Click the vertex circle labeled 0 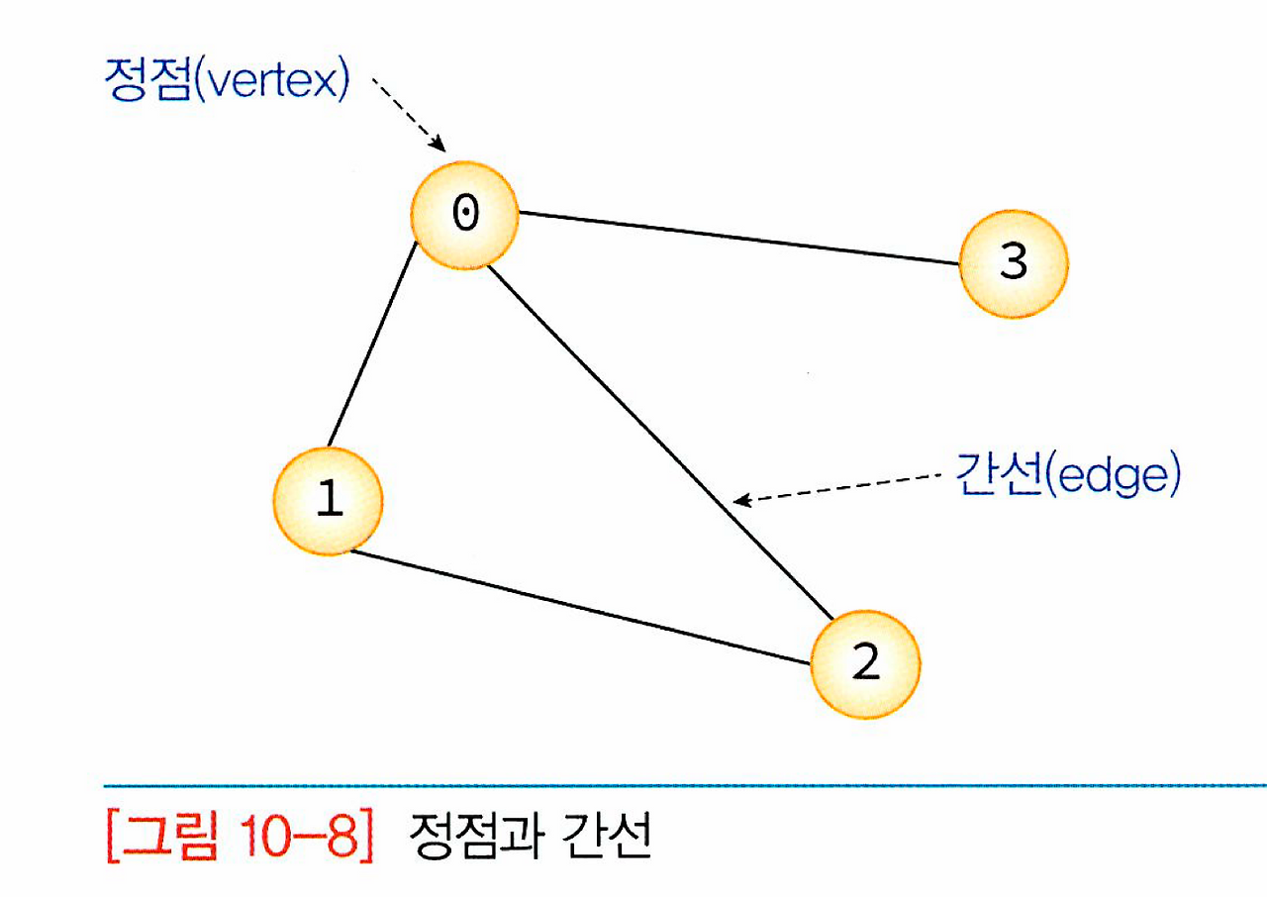click(464, 216)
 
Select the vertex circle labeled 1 click(328, 500)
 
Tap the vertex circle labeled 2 click(865, 662)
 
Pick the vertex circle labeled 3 click(1013, 263)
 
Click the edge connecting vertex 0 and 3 click(738, 238)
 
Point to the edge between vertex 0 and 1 click(371, 348)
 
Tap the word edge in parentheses click(1115, 477)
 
